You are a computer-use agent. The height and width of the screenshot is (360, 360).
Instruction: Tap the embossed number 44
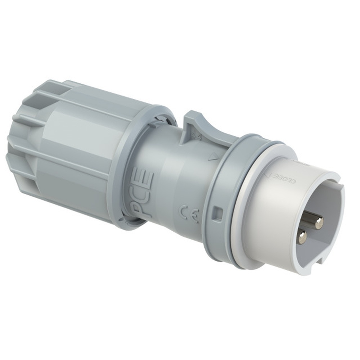196,137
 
